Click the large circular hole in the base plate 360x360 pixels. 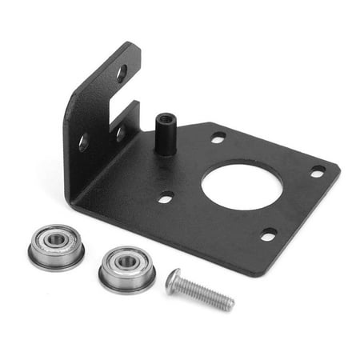241,186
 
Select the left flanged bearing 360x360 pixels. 56,245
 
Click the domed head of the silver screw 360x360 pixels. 174,281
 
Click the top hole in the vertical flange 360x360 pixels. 122,74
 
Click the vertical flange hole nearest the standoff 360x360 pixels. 119,130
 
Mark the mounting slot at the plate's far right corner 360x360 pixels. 318,170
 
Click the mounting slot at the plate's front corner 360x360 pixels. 269,234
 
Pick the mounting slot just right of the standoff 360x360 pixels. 218,137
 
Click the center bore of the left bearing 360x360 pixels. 55,239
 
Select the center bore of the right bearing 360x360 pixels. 126,261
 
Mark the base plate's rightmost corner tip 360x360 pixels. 338,168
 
